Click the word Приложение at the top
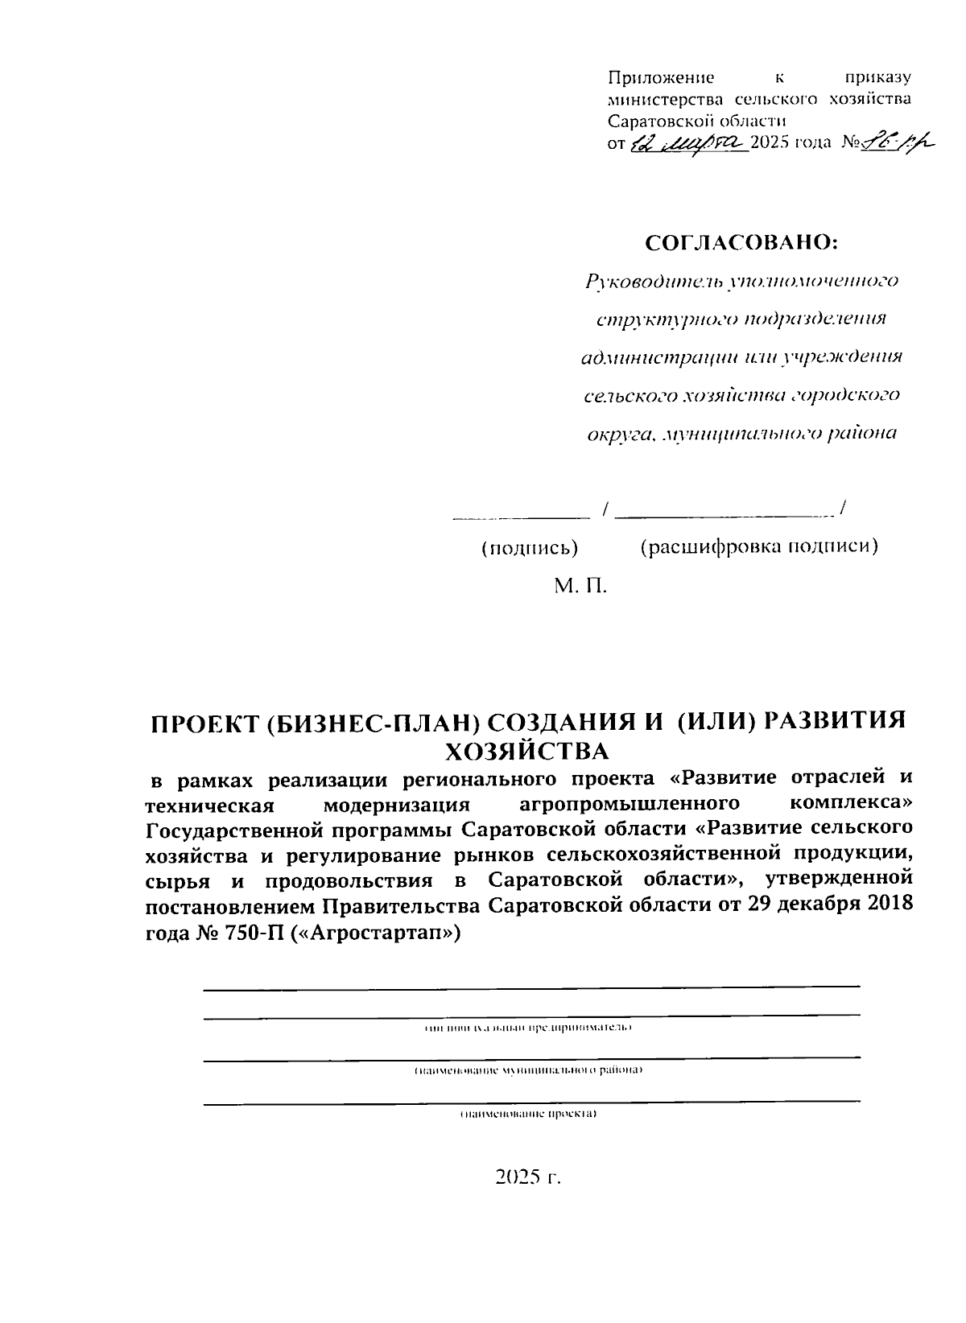[661, 78]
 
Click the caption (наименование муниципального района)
[528, 1071]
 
